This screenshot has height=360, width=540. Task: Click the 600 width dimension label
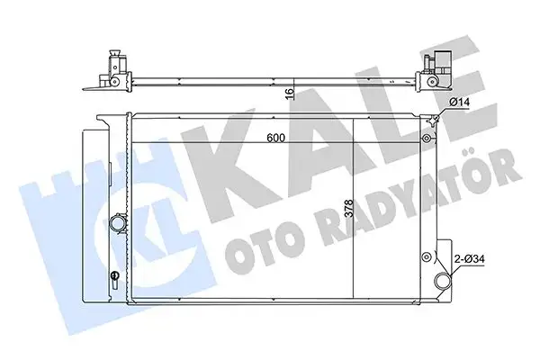pos(275,139)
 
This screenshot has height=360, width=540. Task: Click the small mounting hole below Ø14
pos(426,139)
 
